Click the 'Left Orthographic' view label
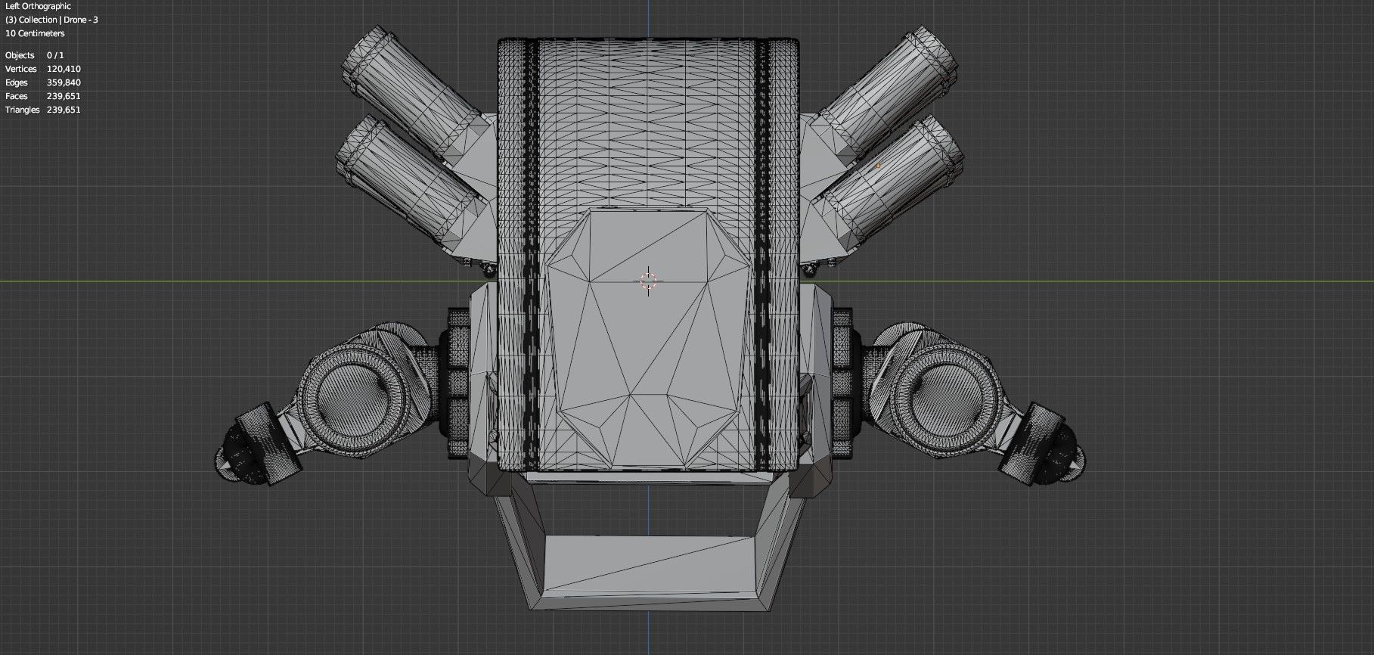[x=38, y=6]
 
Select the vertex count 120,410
[x=64, y=69]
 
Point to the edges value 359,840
[x=64, y=82]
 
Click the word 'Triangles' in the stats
[x=22, y=110]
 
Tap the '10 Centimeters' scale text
[x=35, y=33]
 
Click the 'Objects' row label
[x=20, y=55]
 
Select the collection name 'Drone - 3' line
[x=51, y=20]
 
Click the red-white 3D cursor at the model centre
[x=648, y=281]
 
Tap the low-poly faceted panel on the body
[x=648, y=340]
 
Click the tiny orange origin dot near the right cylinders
[x=878, y=166]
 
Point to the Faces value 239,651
[x=64, y=96]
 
